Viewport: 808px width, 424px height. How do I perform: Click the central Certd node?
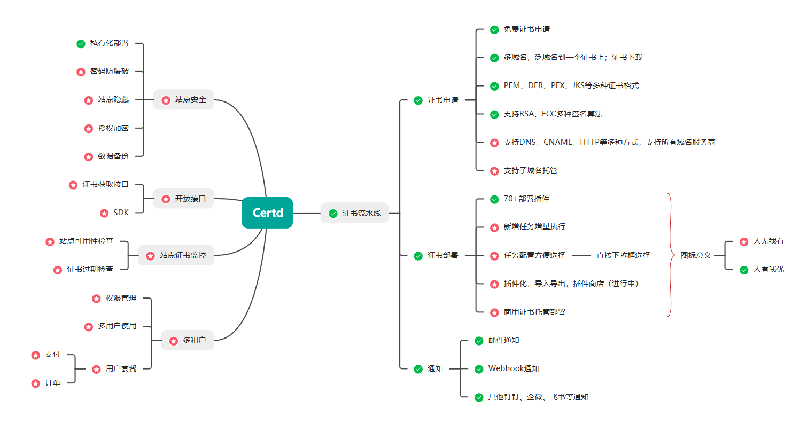coord(267,213)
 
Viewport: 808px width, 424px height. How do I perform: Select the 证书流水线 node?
coord(355,213)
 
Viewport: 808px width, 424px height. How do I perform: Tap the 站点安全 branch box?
coord(184,99)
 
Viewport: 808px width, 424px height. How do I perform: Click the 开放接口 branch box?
coord(184,199)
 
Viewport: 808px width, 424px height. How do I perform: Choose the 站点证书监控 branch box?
coord(176,255)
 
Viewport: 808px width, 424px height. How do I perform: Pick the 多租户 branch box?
coord(188,340)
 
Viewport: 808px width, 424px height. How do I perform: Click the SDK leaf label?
coord(121,213)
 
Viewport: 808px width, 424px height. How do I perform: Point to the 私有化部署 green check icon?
coord(81,44)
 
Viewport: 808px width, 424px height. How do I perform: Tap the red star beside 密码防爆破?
coord(81,72)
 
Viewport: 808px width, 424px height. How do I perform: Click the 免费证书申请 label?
coord(526,29)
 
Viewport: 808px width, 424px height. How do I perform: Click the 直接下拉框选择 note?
coord(623,255)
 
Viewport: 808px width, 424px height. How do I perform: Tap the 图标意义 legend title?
coord(695,255)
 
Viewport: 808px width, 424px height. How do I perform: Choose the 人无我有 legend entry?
coord(768,241)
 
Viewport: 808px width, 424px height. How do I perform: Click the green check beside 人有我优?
coord(743,270)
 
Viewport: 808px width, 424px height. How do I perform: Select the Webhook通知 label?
coord(514,368)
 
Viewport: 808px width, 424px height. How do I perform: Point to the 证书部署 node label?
coord(442,256)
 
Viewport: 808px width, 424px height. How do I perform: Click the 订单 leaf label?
coord(52,383)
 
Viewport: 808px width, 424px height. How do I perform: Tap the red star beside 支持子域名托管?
coord(494,171)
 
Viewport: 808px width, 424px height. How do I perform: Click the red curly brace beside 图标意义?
coord(671,255)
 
